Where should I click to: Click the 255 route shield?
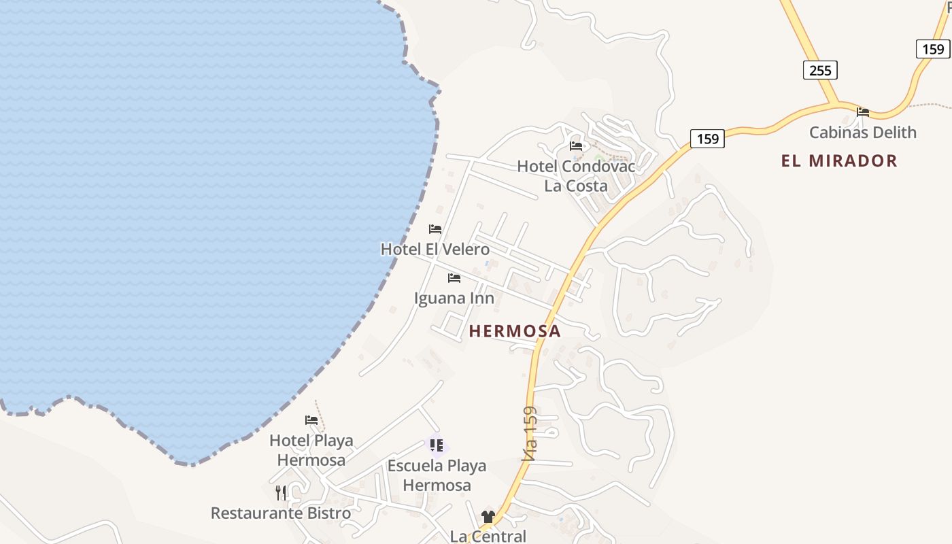coord(820,70)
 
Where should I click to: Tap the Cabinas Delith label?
coord(862,132)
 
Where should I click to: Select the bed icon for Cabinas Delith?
coord(863,112)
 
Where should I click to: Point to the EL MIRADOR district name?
coord(839,160)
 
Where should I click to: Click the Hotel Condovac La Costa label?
coord(576,176)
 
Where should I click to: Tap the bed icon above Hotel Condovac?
coord(576,146)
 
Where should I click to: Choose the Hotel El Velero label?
coord(435,249)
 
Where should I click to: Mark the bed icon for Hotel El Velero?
coord(435,229)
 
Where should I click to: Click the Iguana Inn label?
coord(454,298)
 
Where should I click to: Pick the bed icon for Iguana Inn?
coord(454,278)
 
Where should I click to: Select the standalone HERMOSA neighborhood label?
coord(515,331)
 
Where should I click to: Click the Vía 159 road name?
coord(530,434)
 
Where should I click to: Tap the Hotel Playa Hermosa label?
coord(311,449)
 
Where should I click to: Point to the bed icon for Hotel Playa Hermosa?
coord(311,420)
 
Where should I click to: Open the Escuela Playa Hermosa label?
coord(437,475)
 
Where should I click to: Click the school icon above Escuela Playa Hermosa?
coord(437,445)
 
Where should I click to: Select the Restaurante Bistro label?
coord(281,513)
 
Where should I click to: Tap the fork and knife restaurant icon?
coord(281,492)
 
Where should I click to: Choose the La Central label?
coord(488,536)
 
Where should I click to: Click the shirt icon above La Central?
coord(488,517)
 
